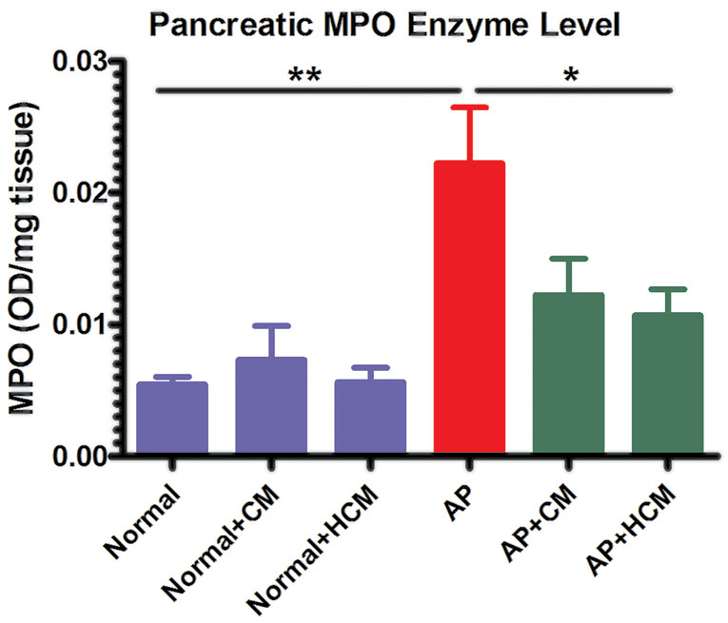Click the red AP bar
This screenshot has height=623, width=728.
pyautogui.click(x=468, y=309)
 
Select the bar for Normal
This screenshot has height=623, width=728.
pyautogui.click(x=172, y=419)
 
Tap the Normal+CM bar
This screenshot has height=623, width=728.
pyautogui.click(x=271, y=407)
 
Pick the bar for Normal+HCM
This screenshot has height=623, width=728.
pyautogui.click(x=370, y=418)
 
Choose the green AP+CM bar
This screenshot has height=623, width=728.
pyautogui.click(x=568, y=375)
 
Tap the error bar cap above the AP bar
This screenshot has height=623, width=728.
pyautogui.click(x=469, y=107)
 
